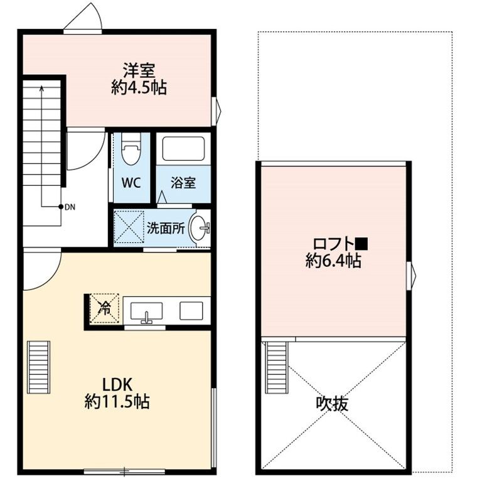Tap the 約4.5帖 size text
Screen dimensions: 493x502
(x=139, y=88)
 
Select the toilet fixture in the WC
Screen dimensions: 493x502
(x=131, y=151)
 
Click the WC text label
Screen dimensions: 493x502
(x=131, y=183)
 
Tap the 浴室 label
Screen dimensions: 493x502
(x=184, y=183)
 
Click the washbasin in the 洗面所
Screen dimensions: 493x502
(x=200, y=228)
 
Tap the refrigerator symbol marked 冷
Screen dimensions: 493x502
(x=105, y=308)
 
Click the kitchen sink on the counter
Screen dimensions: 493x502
(x=147, y=311)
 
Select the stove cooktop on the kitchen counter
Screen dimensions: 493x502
(x=191, y=310)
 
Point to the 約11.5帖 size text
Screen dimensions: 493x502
(x=117, y=403)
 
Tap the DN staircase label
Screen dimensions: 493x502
(x=69, y=206)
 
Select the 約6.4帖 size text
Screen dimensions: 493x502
(x=333, y=262)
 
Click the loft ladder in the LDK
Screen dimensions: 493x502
(x=38, y=367)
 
